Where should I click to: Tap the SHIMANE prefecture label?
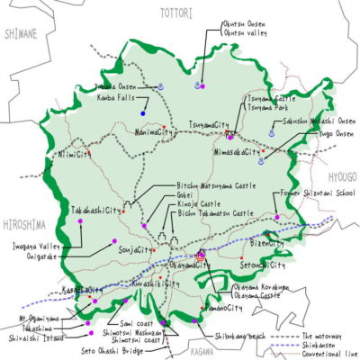20,34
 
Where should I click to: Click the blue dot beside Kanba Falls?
143,112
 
